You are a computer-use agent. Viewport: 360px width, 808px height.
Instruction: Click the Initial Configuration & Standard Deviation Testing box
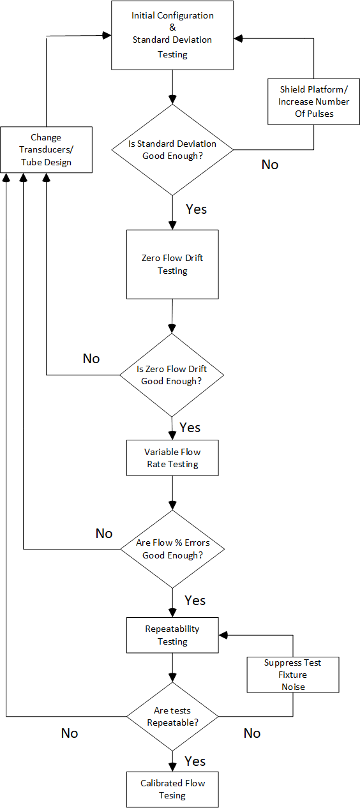pyautogui.click(x=172, y=35)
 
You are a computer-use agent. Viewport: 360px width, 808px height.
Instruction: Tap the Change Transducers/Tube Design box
pyautogui.click(x=46, y=149)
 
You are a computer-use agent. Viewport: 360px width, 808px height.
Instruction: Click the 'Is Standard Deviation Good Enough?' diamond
pyautogui.click(x=172, y=150)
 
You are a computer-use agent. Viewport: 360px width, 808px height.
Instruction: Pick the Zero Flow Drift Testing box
pyautogui.click(x=172, y=264)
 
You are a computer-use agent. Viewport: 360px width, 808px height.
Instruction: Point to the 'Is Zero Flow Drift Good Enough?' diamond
pyautogui.click(x=172, y=375)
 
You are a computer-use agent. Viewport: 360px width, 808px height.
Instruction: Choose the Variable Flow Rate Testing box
pyautogui.click(x=172, y=458)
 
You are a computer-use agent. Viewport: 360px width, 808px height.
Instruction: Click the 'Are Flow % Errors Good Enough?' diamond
pyautogui.click(x=172, y=550)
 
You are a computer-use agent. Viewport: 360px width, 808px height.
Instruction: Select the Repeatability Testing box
pyautogui.click(x=172, y=635)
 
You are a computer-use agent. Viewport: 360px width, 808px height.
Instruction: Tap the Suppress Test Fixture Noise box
pyautogui.click(x=293, y=675)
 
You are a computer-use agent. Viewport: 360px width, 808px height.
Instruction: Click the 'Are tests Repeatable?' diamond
pyautogui.click(x=172, y=716)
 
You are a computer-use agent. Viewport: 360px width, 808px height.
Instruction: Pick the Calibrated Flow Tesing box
pyautogui.click(x=172, y=789)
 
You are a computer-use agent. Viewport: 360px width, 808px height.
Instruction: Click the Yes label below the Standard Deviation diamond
pyautogui.click(x=196, y=209)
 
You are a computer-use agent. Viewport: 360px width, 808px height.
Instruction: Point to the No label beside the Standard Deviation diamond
pyautogui.click(x=270, y=165)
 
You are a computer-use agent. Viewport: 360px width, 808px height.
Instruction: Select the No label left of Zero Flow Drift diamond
pyautogui.click(x=91, y=359)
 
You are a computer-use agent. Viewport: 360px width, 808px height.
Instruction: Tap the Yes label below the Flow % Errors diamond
pyautogui.click(x=195, y=601)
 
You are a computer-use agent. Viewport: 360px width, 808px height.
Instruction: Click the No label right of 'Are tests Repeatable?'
pyautogui.click(x=252, y=733)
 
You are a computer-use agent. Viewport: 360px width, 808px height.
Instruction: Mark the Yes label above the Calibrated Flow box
pyautogui.click(x=195, y=761)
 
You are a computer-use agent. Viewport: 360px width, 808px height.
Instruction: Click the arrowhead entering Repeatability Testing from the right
pyautogui.click(x=223, y=635)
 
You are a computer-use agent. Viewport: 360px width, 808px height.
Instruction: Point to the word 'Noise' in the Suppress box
pyautogui.click(x=293, y=687)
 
